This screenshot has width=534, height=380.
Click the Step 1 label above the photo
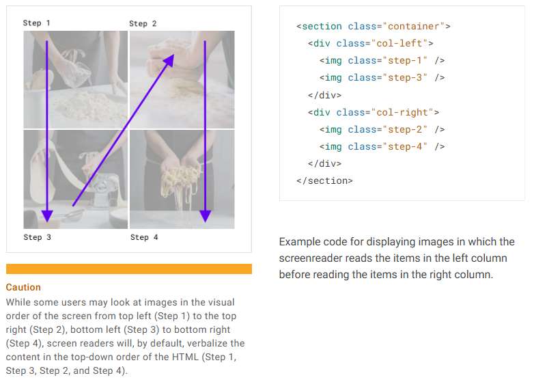tap(36, 23)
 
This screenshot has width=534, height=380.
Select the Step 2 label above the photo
tap(143, 23)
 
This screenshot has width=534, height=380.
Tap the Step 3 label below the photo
tap(37, 237)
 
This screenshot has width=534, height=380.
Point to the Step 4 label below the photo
tap(143, 237)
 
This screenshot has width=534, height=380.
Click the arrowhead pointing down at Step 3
tap(46, 215)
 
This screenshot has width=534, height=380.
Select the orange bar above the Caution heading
tap(128, 269)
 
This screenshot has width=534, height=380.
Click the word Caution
tap(23, 287)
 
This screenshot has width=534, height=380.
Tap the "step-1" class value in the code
tap(404, 60)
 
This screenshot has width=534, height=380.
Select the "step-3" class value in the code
tap(404, 77)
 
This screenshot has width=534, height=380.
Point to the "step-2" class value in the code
tap(404, 129)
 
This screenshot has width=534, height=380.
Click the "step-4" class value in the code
tap(404, 146)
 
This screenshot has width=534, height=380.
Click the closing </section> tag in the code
tap(324, 180)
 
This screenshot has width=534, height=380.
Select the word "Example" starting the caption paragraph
tap(298, 241)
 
